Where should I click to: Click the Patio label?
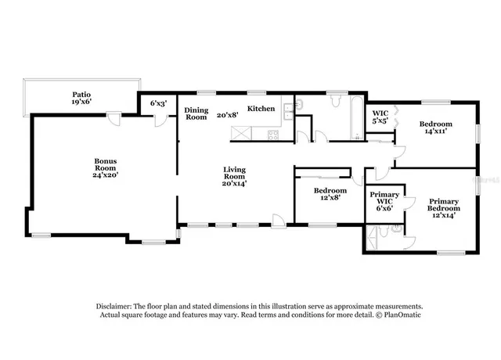pyautogui.click(x=81, y=95)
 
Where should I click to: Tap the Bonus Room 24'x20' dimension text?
pyautogui.click(x=106, y=175)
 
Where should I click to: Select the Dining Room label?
pyautogui.click(x=196, y=113)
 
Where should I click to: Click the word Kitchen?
pyautogui.click(x=261, y=109)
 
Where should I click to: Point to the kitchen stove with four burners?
pyautogui.click(x=273, y=135)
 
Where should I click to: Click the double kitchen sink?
pyautogui.click(x=289, y=111)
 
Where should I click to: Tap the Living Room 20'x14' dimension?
pyautogui.click(x=235, y=184)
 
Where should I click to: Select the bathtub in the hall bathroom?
pyautogui.click(x=357, y=117)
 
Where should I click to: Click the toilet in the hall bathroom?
pyautogui.click(x=336, y=101)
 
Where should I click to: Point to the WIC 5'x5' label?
pyautogui.click(x=380, y=117)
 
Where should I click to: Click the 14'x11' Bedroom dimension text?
pyautogui.click(x=436, y=131)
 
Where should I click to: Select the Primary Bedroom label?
pyautogui.click(x=444, y=205)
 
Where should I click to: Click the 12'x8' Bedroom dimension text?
pyautogui.click(x=330, y=198)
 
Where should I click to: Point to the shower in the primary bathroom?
pyautogui.click(x=371, y=237)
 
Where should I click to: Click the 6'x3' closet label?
pyautogui.click(x=158, y=103)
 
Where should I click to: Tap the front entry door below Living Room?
pyautogui.click(x=279, y=221)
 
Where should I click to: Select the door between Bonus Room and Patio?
pyautogui.click(x=114, y=118)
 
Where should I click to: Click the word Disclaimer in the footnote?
pyautogui.click(x=114, y=306)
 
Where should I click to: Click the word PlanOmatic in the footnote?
pyautogui.click(x=402, y=315)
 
